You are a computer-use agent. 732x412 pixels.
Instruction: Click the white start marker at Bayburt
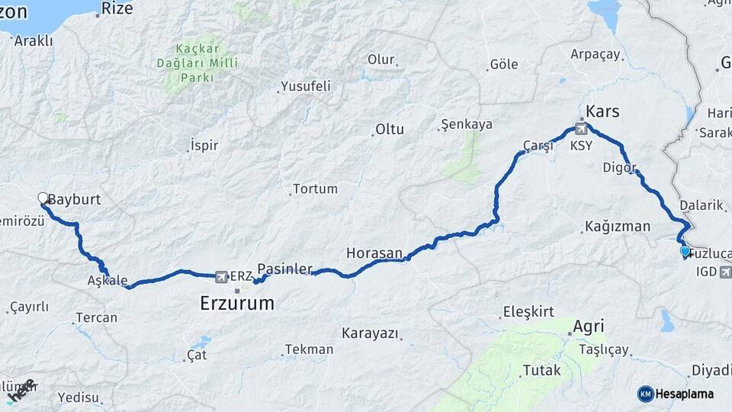[x=43, y=198]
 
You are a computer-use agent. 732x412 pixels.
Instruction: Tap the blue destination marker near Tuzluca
[x=685, y=251]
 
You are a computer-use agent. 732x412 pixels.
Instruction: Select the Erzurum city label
[x=236, y=303]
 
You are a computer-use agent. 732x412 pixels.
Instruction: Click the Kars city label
[x=602, y=111]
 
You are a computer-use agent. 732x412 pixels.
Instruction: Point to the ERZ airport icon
[x=221, y=276]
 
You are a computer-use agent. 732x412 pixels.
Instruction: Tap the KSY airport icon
[x=582, y=128]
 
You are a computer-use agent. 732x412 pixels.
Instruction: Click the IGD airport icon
[x=724, y=271]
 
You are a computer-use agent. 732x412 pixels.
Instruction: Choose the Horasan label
[x=374, y=252]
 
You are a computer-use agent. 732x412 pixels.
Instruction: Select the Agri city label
[x=588, y=327]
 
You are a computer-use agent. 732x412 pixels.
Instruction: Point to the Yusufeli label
[x=306, y=86]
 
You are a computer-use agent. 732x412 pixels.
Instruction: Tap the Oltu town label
[x=389, y=130]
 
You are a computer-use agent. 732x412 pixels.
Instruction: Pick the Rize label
[x=117, y=8]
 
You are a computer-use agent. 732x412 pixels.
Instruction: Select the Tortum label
[x=314, y=189]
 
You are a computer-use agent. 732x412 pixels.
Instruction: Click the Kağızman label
[x=618, y=226]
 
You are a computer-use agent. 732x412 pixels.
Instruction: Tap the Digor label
[x=618, y=167]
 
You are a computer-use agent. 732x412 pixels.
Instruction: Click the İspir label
[x=204, y=145]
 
